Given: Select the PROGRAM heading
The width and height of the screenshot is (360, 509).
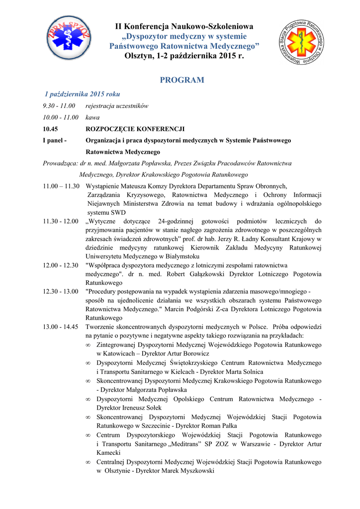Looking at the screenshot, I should pos(182,80).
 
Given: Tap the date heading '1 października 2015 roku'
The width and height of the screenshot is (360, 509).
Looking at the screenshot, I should pos(82,93).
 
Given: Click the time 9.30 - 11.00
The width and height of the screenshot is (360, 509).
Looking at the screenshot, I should pos(59,106).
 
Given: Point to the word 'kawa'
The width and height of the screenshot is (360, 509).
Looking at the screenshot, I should pos(92,117).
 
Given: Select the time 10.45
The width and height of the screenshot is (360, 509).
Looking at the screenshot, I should pos(51,129).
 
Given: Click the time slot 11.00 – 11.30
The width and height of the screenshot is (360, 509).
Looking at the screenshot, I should pos(61,185).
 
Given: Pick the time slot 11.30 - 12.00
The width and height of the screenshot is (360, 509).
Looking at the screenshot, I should pos(61,221).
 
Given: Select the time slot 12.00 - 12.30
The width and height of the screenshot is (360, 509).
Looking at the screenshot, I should pos(61,265).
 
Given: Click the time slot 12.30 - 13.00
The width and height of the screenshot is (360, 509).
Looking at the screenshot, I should pos(61,291).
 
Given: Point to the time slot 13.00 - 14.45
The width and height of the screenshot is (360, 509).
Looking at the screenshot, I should pos(61,327).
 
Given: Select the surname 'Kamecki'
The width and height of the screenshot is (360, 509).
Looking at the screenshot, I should pos(109,453).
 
